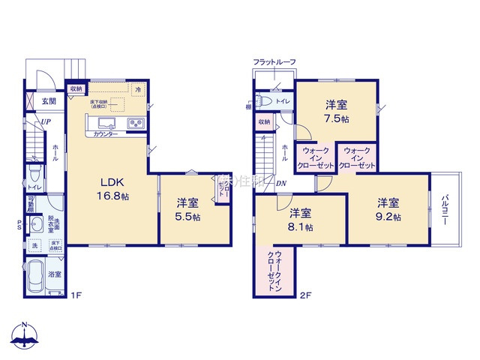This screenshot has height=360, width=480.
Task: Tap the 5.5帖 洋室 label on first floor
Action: click(x=188, y=209)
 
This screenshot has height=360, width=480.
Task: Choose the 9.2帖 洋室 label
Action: click(x=388, y=209)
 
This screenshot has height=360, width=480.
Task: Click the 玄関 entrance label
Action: click(x=49, y=100)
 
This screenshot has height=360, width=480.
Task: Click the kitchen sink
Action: click(x=103, y=124)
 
